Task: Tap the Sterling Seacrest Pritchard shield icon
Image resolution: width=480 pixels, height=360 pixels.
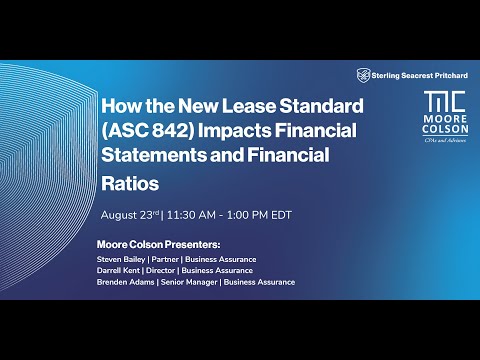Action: click(x=363, y=74)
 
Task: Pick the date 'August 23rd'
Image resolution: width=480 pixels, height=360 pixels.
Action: click(x=131, y=215)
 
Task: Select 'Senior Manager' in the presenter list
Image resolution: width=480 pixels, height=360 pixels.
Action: click(x=188, y=282)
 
